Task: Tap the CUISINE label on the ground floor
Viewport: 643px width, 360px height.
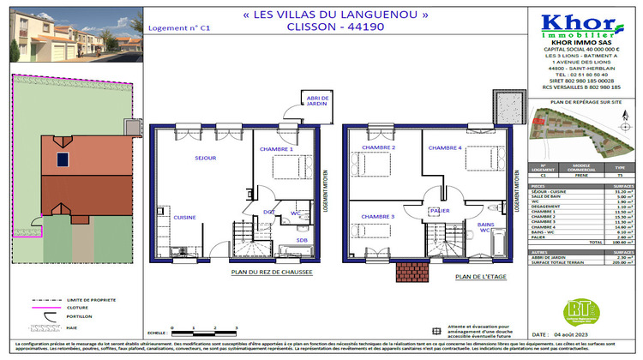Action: pyautogui.click(x=184, y=218)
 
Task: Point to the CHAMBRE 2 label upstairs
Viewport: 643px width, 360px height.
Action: pyautogui.click(x=377, y=148)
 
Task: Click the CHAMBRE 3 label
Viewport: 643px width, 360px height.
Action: pyautogui.click(x=377, y=217)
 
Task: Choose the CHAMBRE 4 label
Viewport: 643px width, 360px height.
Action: pyautogui.click(x=445, y=148)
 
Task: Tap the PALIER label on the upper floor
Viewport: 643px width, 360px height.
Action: pyautogui.click(x=440, y=209)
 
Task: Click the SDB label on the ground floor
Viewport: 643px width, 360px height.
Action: pyautogui.click(x=279, y=240)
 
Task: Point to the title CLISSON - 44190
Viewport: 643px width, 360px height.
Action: pyautogui.click(x=318, y=27)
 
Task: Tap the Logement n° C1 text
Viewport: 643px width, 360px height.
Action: pyautogui.click(x=179, y=27)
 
